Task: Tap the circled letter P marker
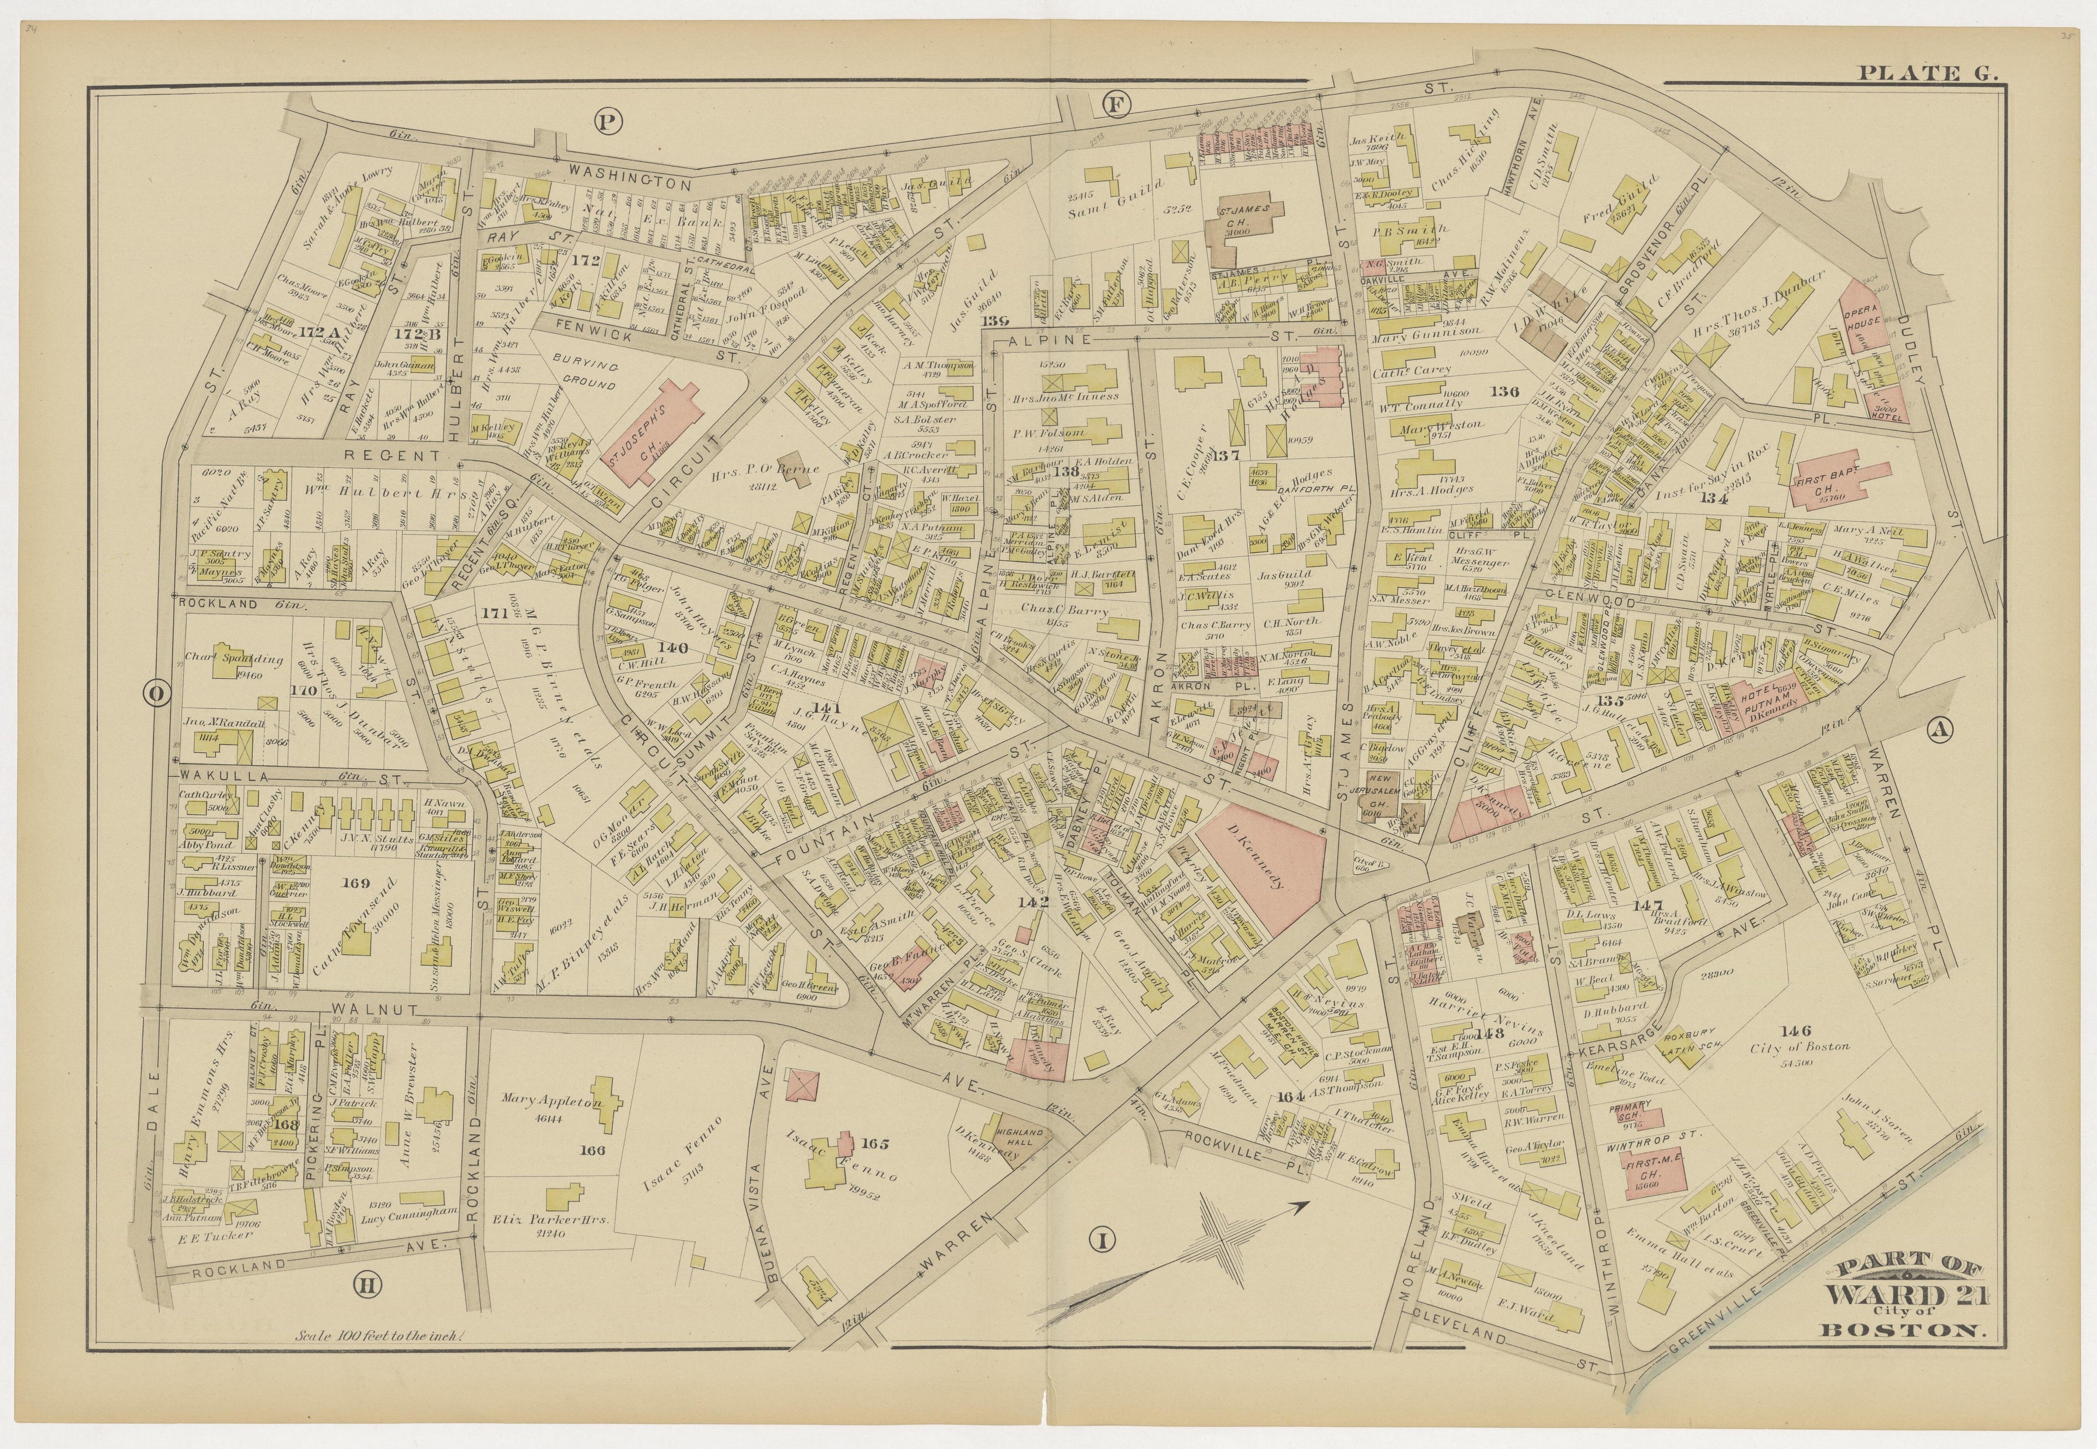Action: point(606,118)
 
